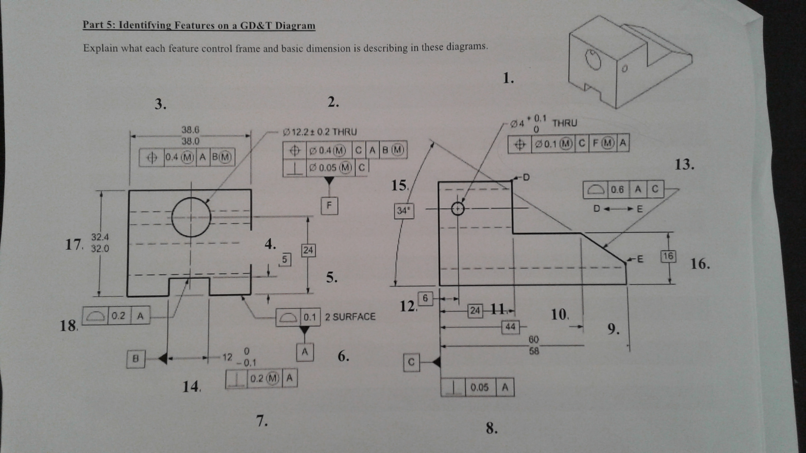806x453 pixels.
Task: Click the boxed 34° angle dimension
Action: click(404, 211)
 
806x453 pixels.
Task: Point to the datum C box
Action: click(411, 362)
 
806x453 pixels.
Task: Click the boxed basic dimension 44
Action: click(511, 327)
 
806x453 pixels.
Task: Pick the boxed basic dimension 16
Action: click(668, 257)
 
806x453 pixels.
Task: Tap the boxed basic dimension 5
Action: click(285, 259)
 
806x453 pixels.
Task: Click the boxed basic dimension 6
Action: click(425, 298)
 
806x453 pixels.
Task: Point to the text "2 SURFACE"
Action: click(350, 317)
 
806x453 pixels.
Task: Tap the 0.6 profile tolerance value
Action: click(617, 190)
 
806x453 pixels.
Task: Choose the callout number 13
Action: click(685, 164)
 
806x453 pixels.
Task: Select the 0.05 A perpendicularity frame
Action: click(477, 387)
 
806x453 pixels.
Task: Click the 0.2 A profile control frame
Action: click(116, 316)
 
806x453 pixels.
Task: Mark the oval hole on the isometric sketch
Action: click(593, 59)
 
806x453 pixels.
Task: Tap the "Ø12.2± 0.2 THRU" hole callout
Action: click(320, 131)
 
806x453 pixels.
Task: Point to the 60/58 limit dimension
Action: click(534, 345)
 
